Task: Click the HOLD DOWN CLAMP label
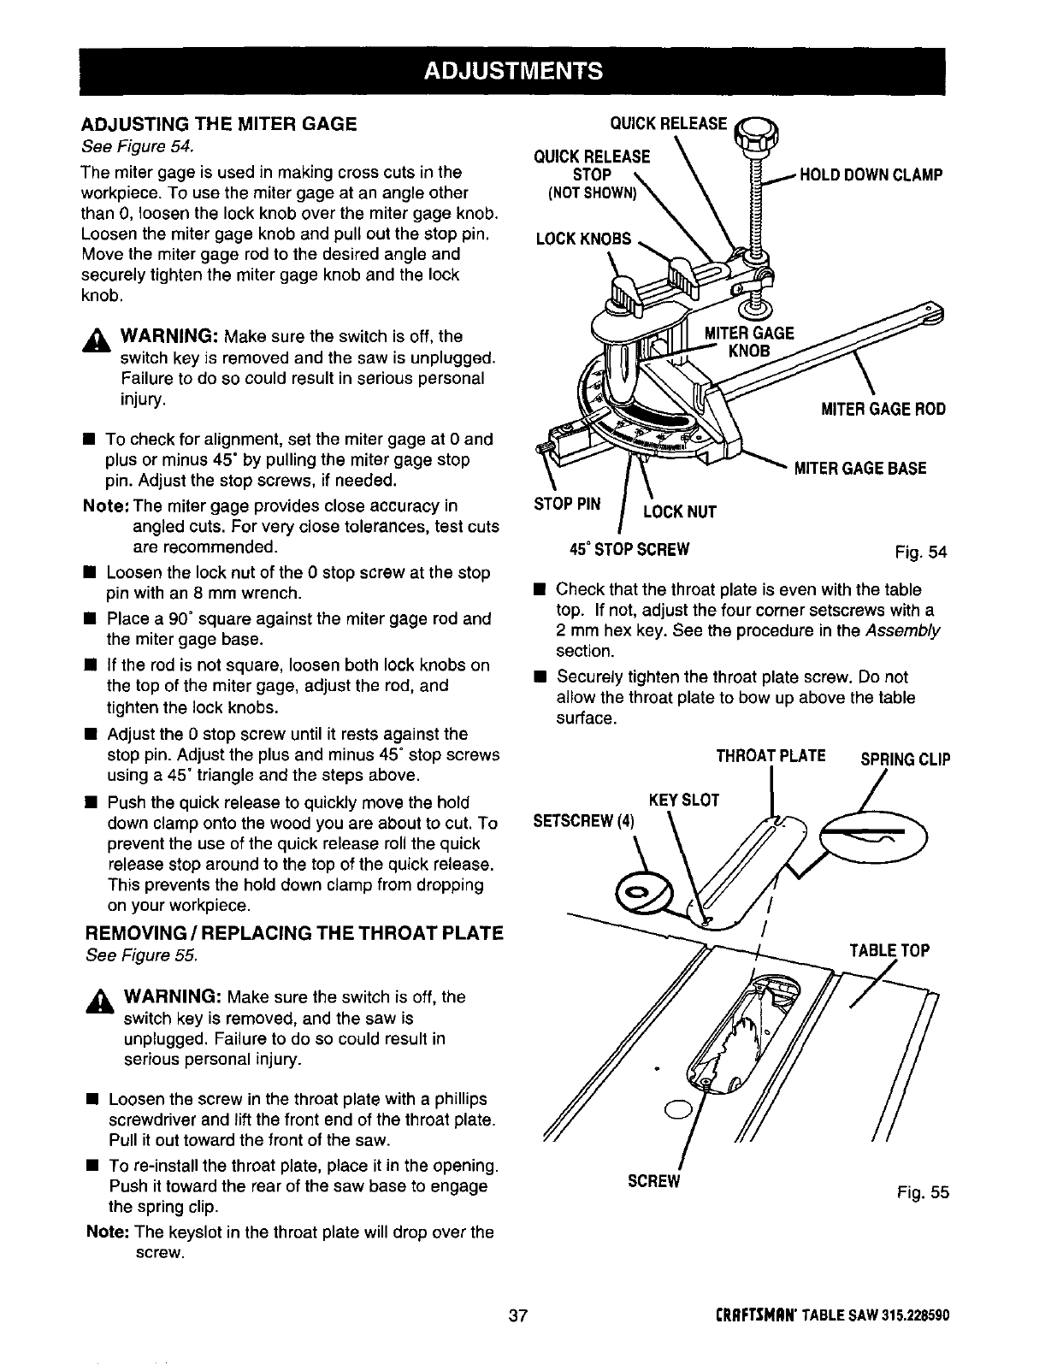point(870,175)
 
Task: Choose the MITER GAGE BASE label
point(860,469)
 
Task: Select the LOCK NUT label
point(679,512)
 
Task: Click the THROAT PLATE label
point(771,756)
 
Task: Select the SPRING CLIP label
point(897,759)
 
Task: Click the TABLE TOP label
point(889,951)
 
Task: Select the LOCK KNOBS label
point(583,239)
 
